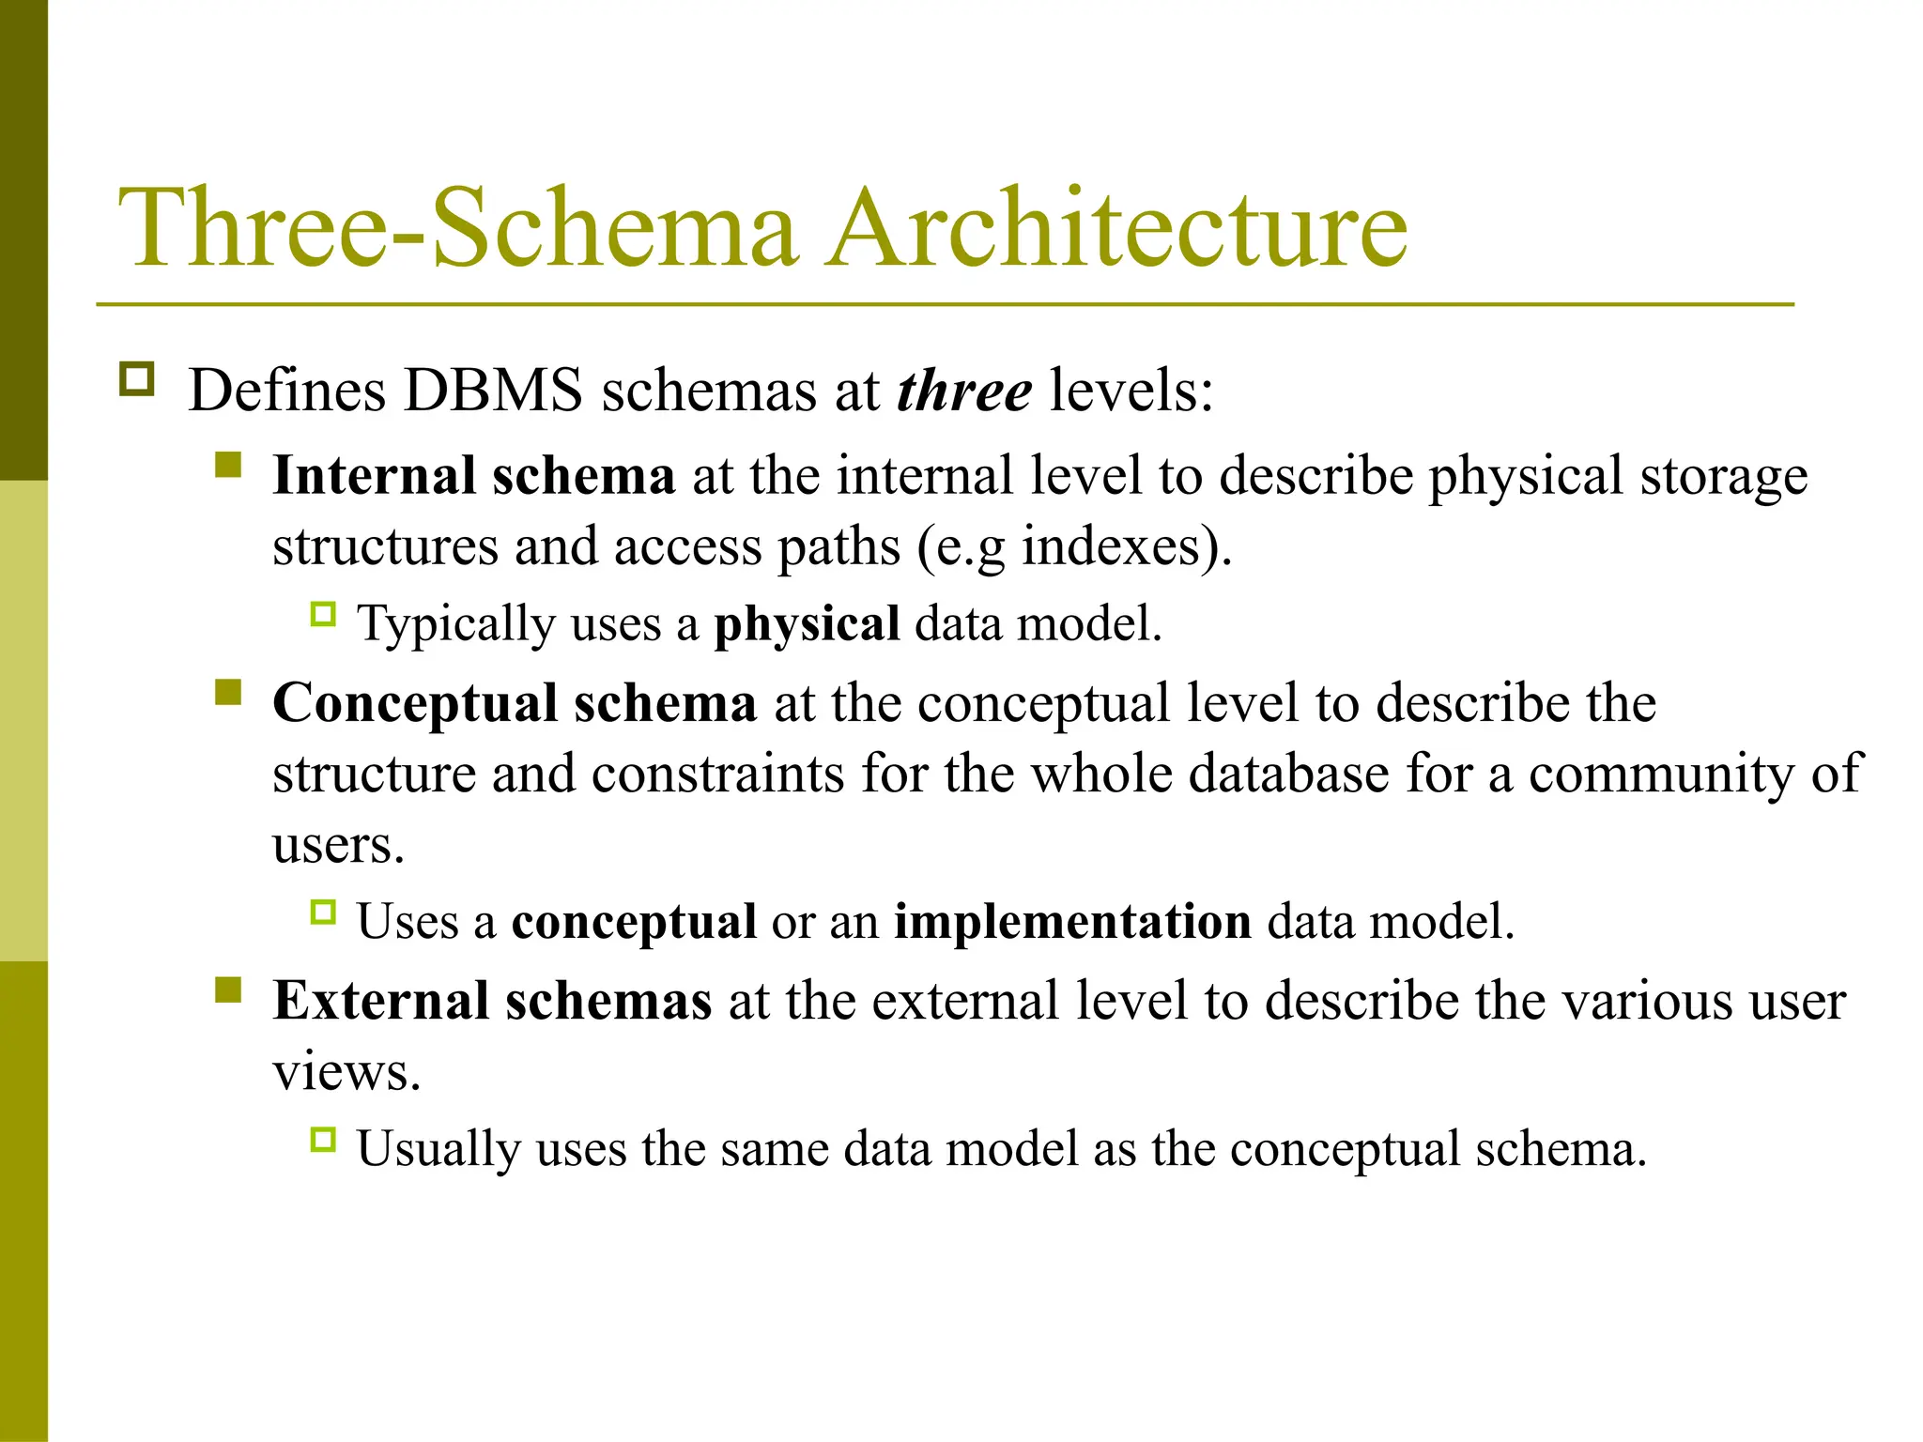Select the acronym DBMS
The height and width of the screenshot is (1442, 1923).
[493, 390]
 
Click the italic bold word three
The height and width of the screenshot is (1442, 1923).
[964, 390]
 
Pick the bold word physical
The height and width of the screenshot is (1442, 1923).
[807, 623]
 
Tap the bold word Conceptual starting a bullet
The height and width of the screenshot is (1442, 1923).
[415, 703]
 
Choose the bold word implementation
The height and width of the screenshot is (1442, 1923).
[1072, 921]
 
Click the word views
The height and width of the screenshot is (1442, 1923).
[346, 1072]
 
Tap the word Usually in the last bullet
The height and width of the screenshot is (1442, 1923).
[438, 1149]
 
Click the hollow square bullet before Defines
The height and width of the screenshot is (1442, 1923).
[137, 380]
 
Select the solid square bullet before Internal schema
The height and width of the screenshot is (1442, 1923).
[227, 466]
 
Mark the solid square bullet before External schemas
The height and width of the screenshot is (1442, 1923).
[227, 991]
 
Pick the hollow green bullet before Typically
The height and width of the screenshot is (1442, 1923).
[322, 615]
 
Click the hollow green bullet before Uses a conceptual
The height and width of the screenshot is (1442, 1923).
[322, 913]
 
